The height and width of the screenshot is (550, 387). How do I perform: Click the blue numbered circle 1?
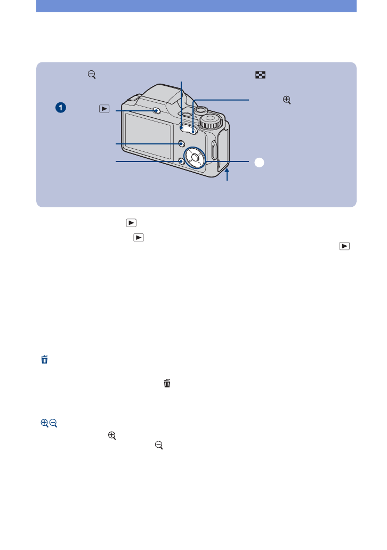click(62, 108)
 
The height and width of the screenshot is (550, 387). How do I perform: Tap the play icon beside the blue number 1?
click(104, 108)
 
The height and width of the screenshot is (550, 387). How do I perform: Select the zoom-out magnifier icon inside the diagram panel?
click(92, 76)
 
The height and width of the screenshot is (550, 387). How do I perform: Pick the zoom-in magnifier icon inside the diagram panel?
click(287, 100)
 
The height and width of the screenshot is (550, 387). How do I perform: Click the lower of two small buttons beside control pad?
click(182, 161)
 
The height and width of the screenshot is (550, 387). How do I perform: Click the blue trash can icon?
click(44, 360)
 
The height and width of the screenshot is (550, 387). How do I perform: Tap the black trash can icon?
click(167, 383)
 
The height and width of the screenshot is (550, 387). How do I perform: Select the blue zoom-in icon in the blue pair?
click(44, 423)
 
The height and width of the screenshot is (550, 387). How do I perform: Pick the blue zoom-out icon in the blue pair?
click(54, 423)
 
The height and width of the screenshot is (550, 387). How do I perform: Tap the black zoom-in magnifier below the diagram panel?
click(112, 435)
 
